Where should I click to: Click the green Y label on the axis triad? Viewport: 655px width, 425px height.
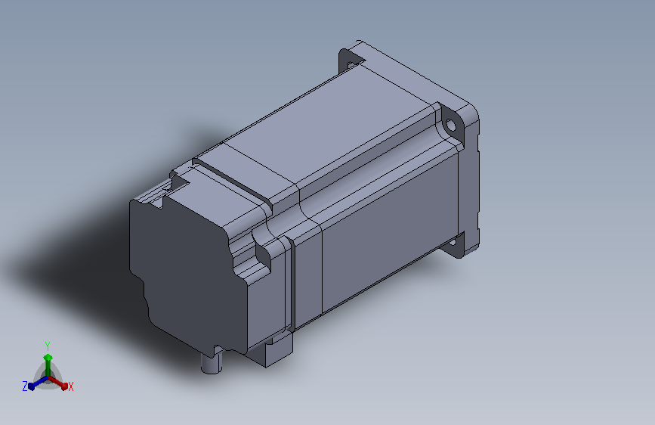(x=48, y=346)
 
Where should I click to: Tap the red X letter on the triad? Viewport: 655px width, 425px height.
(x=70, y=386)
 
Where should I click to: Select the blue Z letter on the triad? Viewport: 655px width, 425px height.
(x=25, y=386)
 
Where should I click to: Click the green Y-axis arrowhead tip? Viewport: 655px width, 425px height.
(x=48, y=355)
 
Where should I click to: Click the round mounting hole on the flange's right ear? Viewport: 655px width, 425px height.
(x=450, y=125)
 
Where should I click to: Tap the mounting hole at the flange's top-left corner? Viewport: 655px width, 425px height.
(x=350, y=65)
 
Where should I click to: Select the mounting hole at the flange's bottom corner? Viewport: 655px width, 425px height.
(x=453, y=242)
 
